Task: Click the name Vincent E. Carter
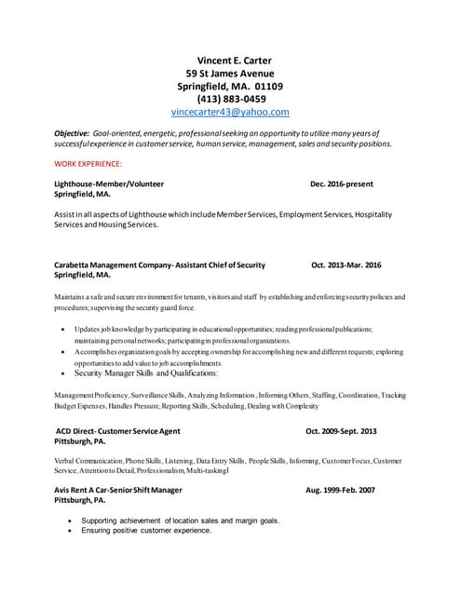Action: [x=229, y=61]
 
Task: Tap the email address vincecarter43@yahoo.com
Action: [x=230, y=112]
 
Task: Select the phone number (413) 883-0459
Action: [x=231, y=99]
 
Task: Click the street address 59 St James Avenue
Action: [x=229, y=74]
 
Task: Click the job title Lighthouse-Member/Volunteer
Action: [x=109, y=185]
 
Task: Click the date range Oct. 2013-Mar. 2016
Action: [x=346, y=265]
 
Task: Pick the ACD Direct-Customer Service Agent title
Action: [x=118, y=431]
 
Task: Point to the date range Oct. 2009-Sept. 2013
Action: [x=341, y=431]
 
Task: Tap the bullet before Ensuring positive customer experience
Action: [x=70, y=531]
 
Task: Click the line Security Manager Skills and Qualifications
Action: [x=146, y=372]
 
